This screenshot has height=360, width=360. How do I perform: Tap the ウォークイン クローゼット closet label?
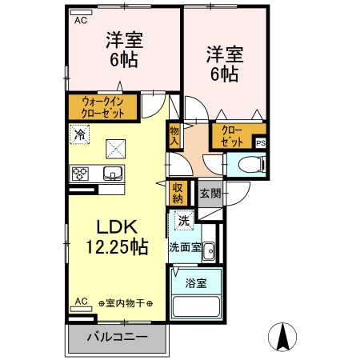103,106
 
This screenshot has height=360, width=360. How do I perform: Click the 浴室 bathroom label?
196,282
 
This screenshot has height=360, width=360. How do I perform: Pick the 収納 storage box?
178,193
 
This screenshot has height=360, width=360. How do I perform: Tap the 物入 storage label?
174,134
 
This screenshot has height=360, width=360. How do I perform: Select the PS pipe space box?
260,142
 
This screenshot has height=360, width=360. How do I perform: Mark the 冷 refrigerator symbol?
79,134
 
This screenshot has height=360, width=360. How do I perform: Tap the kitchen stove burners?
81,173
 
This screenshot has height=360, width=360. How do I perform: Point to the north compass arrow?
282,335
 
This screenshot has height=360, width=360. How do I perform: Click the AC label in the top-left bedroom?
81,21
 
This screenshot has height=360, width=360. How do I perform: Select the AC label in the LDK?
81,301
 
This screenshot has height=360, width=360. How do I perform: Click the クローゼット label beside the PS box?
231,135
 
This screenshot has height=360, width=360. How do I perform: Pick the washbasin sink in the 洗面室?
208,251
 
